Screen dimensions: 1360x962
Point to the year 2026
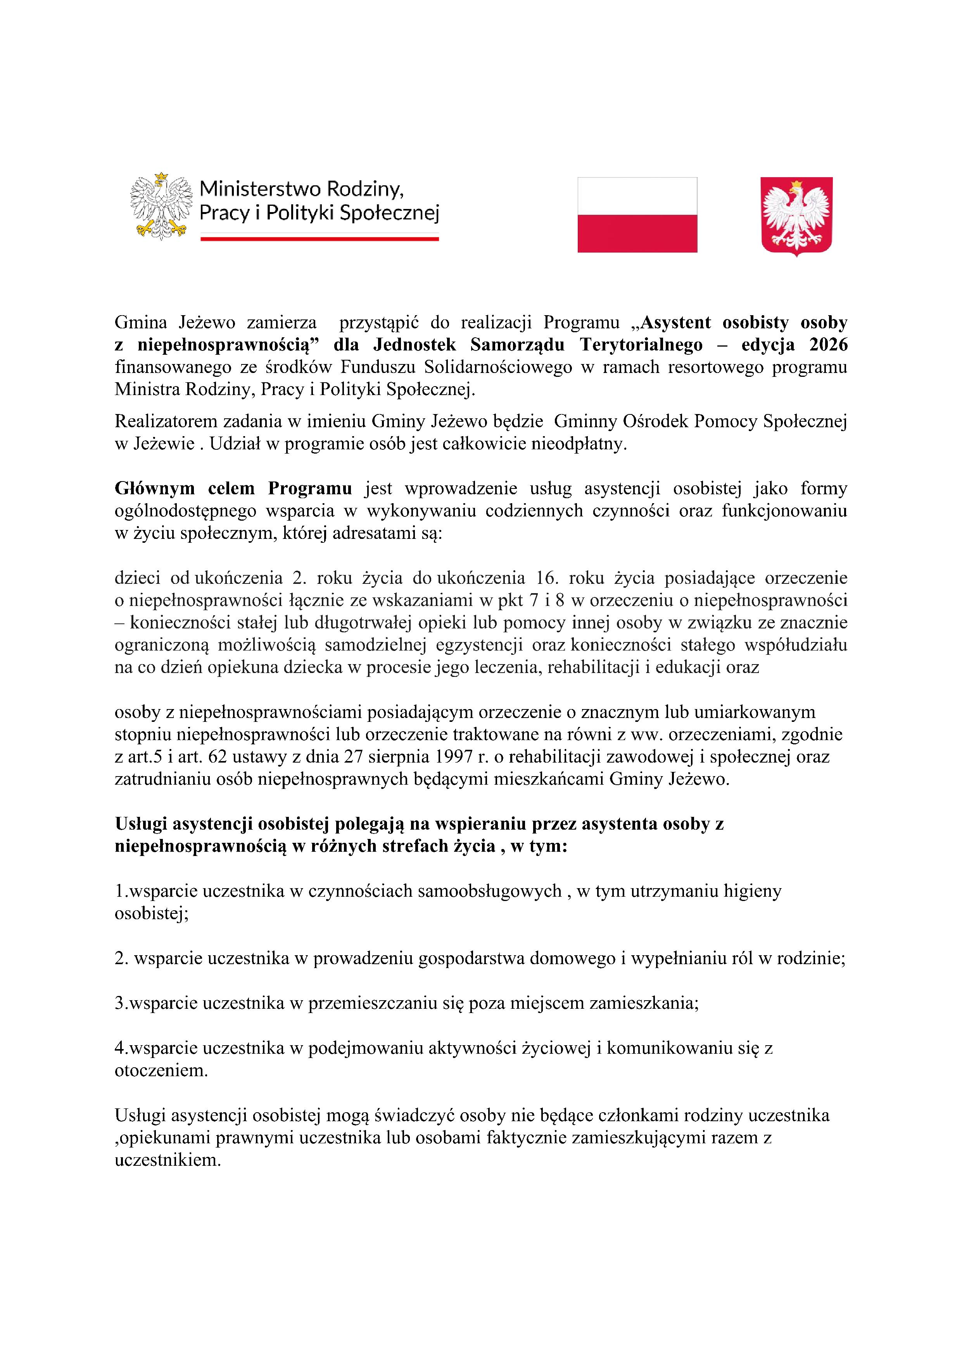(828, 345)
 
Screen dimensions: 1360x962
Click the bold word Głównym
(155, 488)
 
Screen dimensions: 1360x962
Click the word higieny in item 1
(752, 891)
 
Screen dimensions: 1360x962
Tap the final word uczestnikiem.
(168, 1160)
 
